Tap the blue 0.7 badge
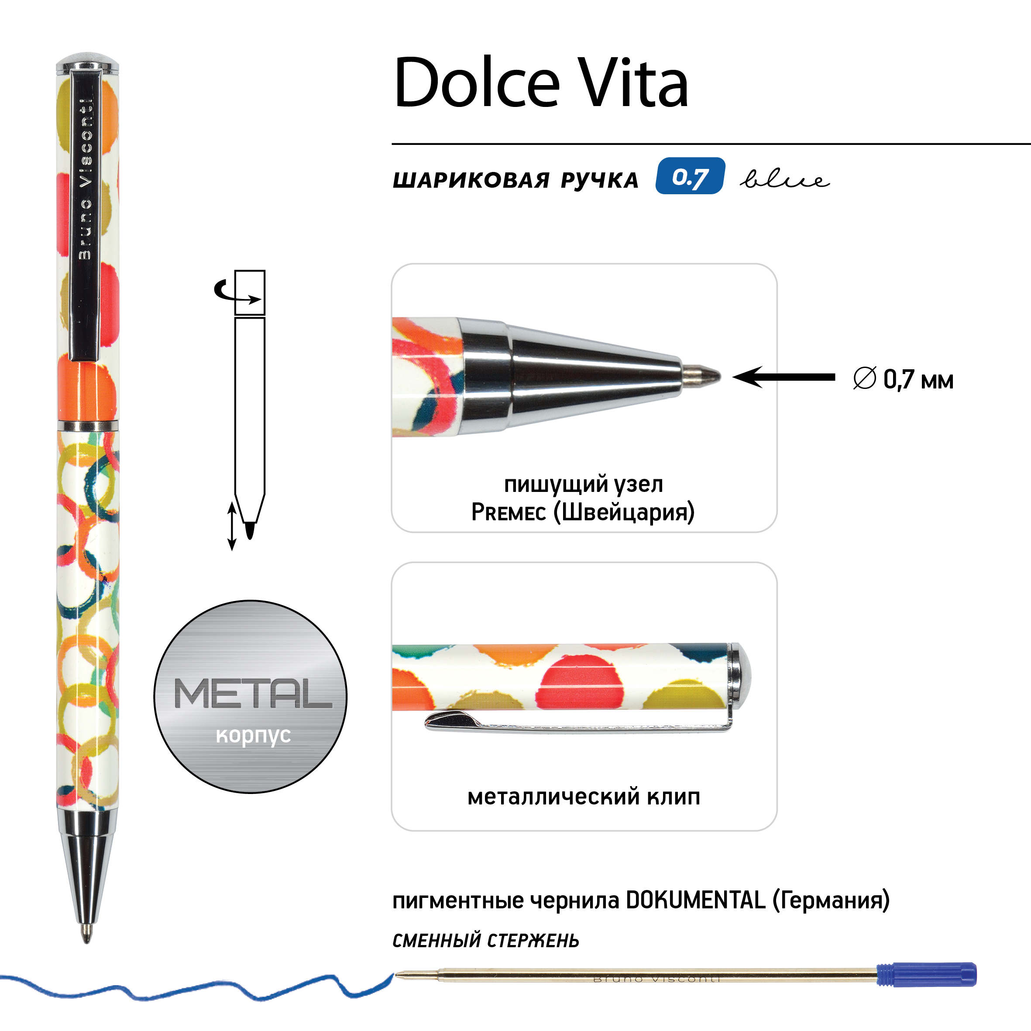(690, 176)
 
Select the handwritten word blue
(784, 179)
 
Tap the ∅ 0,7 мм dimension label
(903, 379)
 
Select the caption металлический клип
(584, 797)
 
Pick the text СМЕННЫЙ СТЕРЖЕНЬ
(486, 940)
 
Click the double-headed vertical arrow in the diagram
(232, 526)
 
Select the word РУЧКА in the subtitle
(599, 180)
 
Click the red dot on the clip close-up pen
(582, 683)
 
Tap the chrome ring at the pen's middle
(88, 425)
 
